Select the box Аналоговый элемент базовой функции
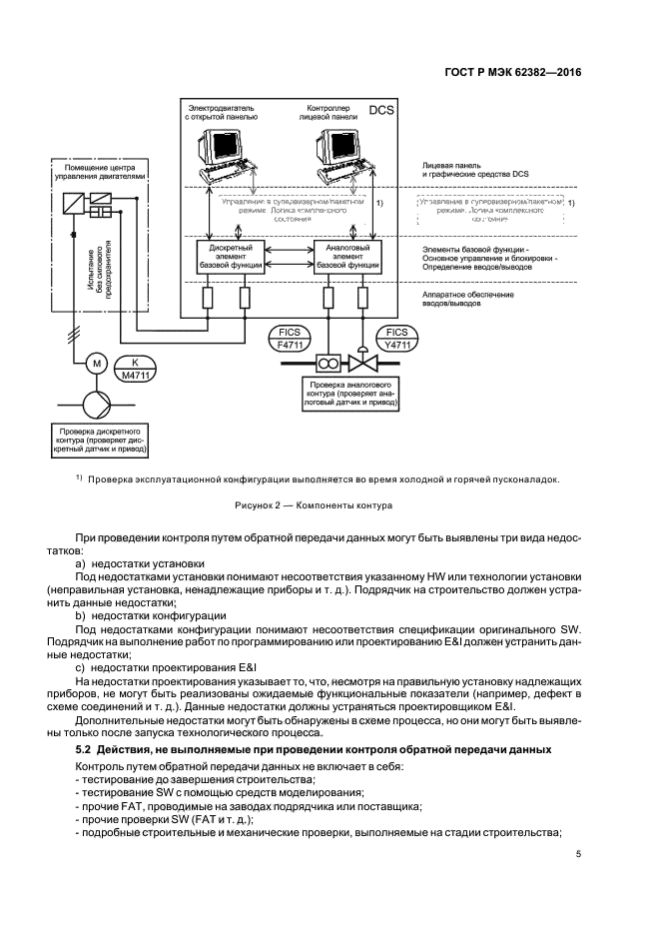346,257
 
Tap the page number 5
579,854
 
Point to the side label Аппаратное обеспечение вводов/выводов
468,298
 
